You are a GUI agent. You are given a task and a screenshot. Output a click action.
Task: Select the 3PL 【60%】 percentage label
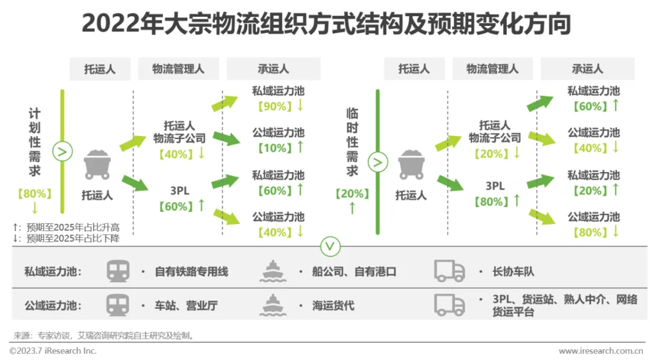(x=175, y=206)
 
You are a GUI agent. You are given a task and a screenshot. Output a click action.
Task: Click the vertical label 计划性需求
(x=35, y=143)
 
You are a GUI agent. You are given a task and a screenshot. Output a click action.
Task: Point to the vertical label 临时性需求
(x=351, y=143)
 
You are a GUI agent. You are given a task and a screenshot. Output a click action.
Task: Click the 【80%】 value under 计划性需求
(x=34, y=194)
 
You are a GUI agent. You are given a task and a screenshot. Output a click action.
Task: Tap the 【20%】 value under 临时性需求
(x=352, y=194)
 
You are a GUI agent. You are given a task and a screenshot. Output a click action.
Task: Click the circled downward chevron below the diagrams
(x=331, y=246)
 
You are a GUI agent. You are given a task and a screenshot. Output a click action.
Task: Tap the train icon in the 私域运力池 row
(x=118, y=272)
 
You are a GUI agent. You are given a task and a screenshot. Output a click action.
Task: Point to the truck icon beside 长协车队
(x=450, y=272)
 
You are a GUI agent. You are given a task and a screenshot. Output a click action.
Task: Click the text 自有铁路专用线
(x=191, y=272)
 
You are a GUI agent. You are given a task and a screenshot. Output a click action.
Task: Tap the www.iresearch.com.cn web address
(x=601, y=351)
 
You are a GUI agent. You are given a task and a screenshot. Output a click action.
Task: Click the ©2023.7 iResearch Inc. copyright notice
(x=53, y=351)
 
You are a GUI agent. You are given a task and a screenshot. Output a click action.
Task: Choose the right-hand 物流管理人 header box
(x=492, y=69)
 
